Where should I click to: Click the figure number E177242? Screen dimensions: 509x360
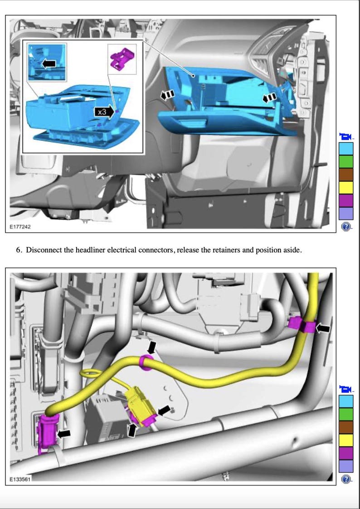point(21,226)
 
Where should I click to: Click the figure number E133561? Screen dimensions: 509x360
point(21,479)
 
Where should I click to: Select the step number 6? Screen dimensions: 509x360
point(19,250)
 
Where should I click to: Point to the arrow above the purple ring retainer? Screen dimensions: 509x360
point(152,347)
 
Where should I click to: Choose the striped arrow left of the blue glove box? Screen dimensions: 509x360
point(167,94)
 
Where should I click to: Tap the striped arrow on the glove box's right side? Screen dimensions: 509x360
point(269,97)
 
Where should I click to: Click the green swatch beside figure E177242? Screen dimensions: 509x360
point(346,162)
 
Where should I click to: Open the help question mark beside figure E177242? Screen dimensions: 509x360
point(346,227)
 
